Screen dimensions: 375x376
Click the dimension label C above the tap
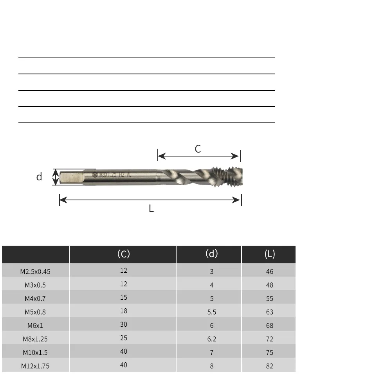pos(198,149)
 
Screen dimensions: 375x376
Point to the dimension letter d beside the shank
pos(39,177)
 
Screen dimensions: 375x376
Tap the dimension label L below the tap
pos(151,209)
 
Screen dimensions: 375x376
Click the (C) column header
pos(124,254)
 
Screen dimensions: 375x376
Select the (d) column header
pos(212,254)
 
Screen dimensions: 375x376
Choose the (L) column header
pos(270,254)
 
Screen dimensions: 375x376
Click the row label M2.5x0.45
pos(35,272)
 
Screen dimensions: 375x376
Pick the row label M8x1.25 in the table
pos(35,339)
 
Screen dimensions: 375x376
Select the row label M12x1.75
pos(35,366)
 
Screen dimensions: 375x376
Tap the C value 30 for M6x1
pos(124,324)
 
